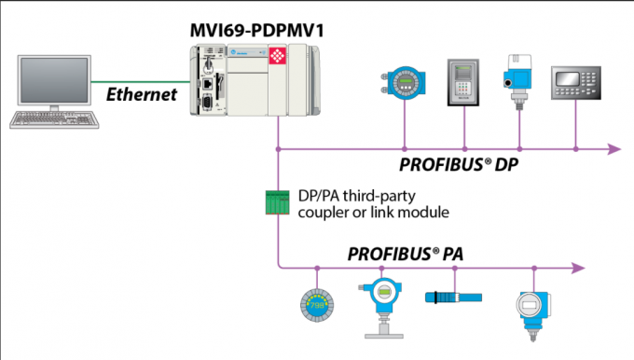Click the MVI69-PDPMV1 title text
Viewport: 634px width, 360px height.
[x=256, y=31]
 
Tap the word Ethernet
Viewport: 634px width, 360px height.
[x=142, y=94]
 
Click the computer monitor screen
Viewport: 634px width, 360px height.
[x=54, y=79]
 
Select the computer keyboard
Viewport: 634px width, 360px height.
[x=54, y=119]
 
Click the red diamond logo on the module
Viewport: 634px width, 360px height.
[x=278, y=56]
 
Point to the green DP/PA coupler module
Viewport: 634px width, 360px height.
[x=278, y=202]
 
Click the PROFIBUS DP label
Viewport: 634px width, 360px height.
[x=459, y=165]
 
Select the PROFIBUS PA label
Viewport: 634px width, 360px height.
[x=406, y=254]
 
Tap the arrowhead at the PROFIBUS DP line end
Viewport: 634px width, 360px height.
[x=614, y=149]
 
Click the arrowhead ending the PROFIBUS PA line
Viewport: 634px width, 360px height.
[x=578, y=268]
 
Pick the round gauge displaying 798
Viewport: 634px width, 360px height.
[x=317, y=305]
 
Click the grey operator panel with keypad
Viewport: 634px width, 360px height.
[x=576, y=83]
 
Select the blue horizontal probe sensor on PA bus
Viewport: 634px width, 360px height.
[x=453, y=298]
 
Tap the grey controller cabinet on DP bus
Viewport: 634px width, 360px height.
[x=463, y=82]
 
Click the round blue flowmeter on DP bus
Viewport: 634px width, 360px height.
[x=405, y=83]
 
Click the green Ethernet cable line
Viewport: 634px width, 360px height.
[x=141, y=82]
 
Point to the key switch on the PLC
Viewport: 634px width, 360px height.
[x=208, y=64]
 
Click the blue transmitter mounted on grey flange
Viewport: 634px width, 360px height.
[x=382, y=308]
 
